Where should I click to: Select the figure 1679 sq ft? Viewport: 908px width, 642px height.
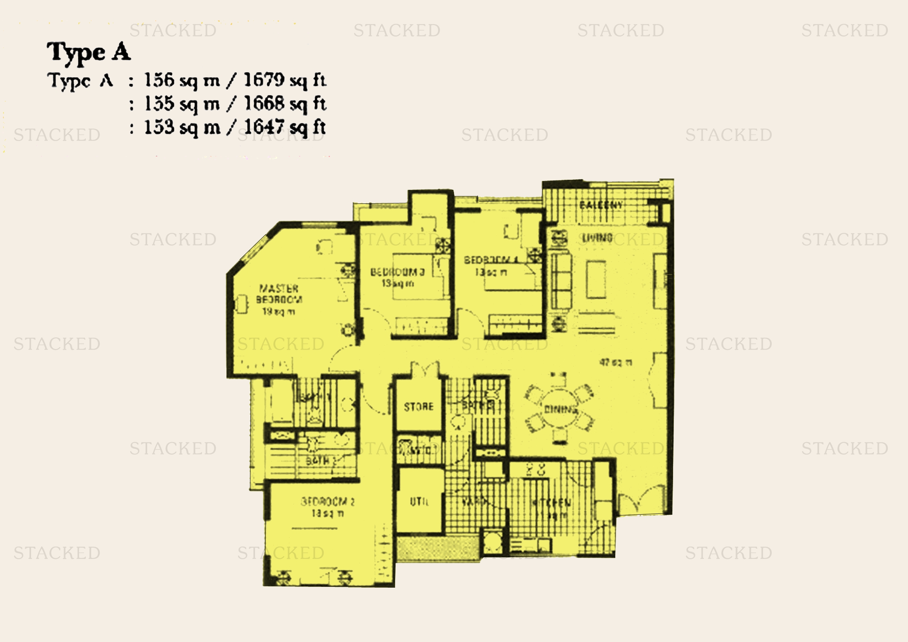pyautogui.click(x=285, y=80)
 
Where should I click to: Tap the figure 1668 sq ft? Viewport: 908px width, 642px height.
pyautogui.click(x=285, y=104)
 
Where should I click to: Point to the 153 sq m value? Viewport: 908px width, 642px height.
pyautogui.click(x=182, y=127)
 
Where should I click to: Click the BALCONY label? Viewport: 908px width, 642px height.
pyautogui.click(x=601, y=205)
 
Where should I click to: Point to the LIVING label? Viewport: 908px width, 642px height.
pyautogui.click(x=597, y=238)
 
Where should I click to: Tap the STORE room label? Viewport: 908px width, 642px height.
pyautogui.click(x=419, y=407)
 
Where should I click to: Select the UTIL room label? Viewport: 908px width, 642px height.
pyautogui.click(x=419, y=501)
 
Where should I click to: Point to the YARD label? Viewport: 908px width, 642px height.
pyautogui.click(x=474, y=501)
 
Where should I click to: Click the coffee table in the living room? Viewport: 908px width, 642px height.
pyautogui.click(x=596, y=279)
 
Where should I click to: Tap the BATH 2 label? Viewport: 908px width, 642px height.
pyautogui.click(x=320, y=461)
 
